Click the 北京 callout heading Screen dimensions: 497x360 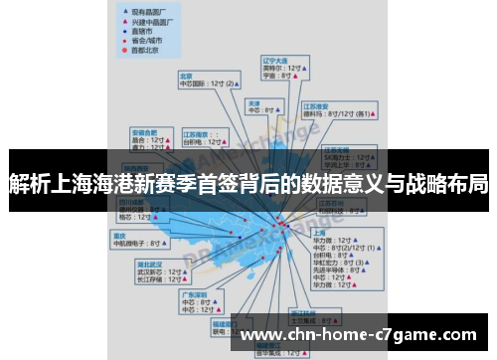[185, 75]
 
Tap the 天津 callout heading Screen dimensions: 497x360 [253, 102]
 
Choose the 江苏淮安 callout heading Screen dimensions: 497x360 [317, 105]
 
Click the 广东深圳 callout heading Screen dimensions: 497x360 [194, 293]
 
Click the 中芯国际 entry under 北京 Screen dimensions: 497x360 [198, 84]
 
